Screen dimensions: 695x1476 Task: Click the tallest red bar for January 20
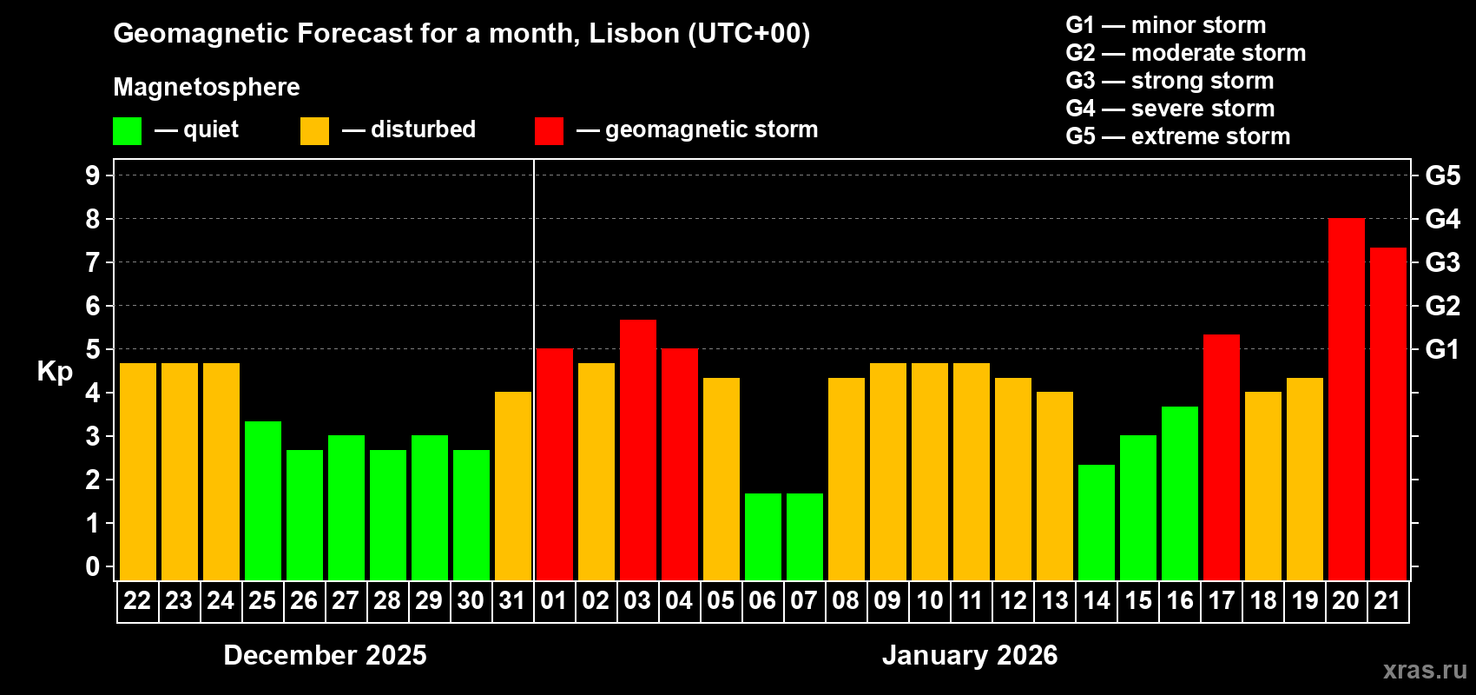coord(1346,400)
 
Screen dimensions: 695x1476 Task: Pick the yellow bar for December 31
coord(512,486)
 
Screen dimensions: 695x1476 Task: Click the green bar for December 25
coord(262,500)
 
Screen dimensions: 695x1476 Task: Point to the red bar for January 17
coord(1221,457)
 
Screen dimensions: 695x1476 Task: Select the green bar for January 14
coord(1096,522)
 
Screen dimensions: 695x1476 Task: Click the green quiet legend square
coord(127,131)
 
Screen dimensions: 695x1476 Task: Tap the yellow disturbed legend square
coord(314,131)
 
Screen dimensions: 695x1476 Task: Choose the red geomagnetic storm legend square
coord(549,131)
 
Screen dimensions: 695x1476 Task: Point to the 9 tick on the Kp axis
coord(93,175)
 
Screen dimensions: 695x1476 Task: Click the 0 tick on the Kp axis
coord(93,567)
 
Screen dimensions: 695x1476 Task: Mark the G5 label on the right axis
coord(1442,175)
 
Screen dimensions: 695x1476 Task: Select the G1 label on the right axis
coord(1442,349)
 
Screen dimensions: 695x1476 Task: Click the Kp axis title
coord(55,371)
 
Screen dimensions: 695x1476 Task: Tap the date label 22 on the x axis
coord(137,600)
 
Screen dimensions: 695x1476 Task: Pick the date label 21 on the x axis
coord(1387,600)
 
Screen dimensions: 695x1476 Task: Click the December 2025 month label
coord(325,655)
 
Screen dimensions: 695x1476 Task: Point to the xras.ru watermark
coord(1424,670)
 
